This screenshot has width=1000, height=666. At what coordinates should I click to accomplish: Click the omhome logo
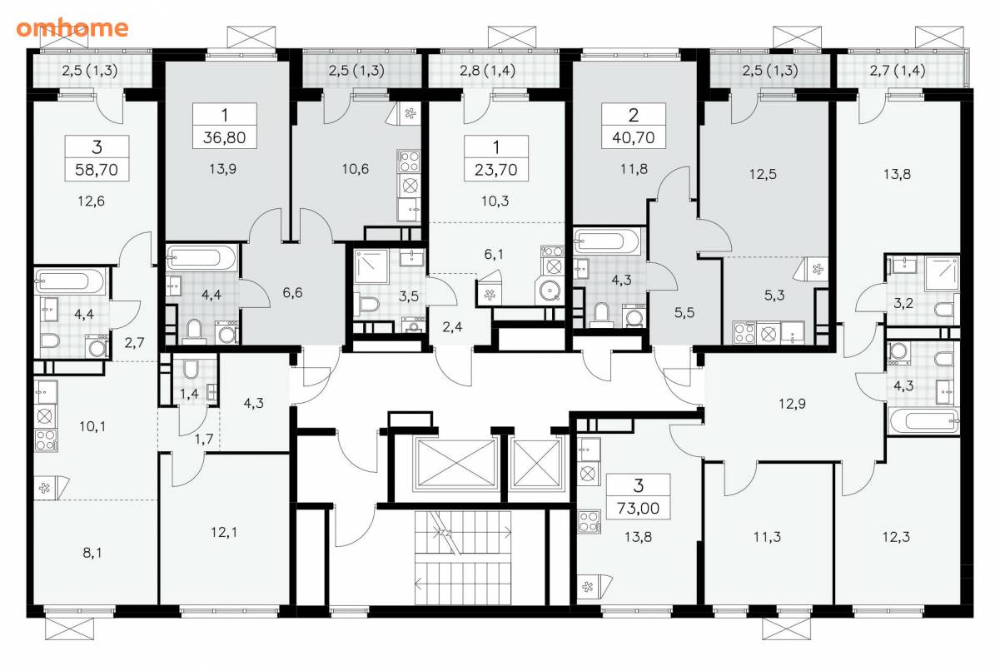[72, 28]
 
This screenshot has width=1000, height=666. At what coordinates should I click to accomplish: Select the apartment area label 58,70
[97, 170]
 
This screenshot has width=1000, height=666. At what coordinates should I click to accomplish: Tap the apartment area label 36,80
[225, 138]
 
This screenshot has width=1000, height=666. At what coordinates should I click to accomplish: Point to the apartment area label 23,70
[496, 170]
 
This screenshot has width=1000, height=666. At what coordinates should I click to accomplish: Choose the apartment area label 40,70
[634, 138]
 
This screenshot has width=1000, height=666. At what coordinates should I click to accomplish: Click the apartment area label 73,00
[638, 509]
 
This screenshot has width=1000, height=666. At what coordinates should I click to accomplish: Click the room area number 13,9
[223, 169]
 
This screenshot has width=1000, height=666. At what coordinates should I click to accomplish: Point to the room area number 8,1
[92, 553]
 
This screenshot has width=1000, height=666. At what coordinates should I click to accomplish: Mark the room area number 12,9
[793, 404]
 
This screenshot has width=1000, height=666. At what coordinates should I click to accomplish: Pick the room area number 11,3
[768, 537]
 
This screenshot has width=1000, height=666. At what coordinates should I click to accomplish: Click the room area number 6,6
[292, 293]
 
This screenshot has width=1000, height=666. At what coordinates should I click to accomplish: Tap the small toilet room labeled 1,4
[190, 379]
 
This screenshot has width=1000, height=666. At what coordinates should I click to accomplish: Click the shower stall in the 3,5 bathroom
[371, 266]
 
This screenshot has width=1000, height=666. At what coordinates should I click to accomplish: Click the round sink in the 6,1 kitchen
[549, 291]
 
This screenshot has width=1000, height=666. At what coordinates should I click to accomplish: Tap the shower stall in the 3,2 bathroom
[942, 273]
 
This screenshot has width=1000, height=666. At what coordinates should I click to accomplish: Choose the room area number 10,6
[356, 169]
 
